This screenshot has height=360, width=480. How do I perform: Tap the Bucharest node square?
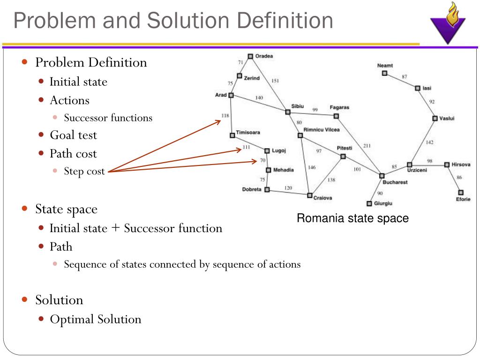point(382,176)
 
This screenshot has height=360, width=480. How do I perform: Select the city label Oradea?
point(264,56)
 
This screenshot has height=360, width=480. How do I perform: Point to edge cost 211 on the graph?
point(367,146)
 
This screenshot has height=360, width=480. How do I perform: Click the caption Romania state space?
point(352,218)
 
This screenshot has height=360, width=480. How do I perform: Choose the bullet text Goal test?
point(74,135)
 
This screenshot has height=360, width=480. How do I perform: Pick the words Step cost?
point(84,171)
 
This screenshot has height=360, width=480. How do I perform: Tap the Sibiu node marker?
point(288,112)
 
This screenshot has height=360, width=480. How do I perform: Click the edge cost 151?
point(275,81)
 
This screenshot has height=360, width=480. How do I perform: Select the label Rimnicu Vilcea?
point(322,129)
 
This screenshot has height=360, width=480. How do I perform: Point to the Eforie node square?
point(461,192)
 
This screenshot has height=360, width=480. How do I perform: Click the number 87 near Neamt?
point(404,76)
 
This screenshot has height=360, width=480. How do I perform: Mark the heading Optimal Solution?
point(96,319)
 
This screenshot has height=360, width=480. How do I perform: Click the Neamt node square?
point(384,73)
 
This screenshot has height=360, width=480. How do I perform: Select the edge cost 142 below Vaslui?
point(429,142)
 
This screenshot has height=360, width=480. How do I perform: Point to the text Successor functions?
point(108,118)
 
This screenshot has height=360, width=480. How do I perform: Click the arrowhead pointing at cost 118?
point(219,121)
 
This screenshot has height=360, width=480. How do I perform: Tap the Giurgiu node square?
point(369,203)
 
